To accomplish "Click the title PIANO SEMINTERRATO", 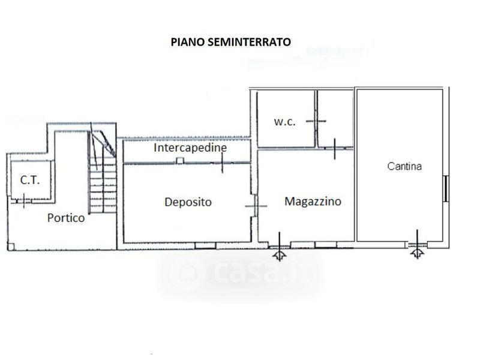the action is point(230,42).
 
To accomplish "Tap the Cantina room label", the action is point(404,166).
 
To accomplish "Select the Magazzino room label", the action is point(313,202).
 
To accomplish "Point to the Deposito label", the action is point(188,202).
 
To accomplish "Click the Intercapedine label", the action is point(190,148).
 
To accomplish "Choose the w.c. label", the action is point(284,122).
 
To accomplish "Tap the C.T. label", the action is point(30,180).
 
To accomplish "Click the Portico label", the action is point(66,218).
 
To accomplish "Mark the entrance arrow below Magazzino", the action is point(280,254).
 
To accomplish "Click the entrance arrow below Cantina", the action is point(417,253).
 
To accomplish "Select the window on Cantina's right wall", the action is point(446,188).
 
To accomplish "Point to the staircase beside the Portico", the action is point(103,172).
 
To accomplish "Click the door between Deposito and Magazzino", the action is point(254,206).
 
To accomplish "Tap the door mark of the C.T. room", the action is point(23,201).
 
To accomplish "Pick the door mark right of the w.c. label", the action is point(316,121).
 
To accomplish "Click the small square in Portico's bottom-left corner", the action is point(11,247).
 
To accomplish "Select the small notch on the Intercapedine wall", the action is point(179,161).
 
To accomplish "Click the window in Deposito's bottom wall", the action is point(205,245).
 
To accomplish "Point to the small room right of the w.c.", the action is point(335,119).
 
